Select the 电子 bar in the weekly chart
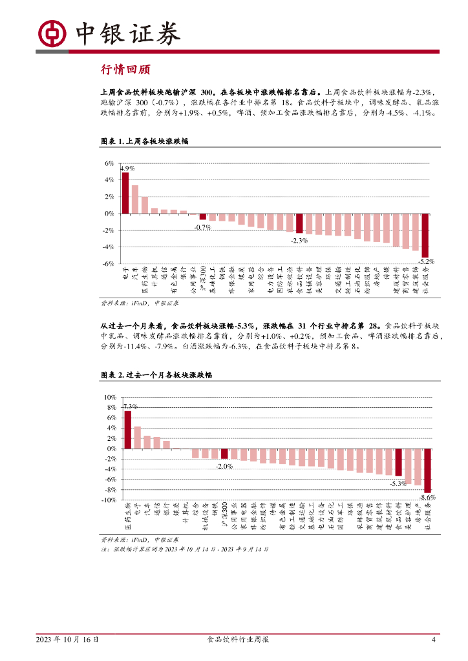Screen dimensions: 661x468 pyautogui.click(x=125, y=192)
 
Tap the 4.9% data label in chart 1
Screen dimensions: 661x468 pyautogui.click(x=128, y=168)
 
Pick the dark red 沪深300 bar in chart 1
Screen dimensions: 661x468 pyautogui.click(x=202, y=216)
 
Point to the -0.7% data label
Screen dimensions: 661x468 pyautogui.click(x=203, y=227)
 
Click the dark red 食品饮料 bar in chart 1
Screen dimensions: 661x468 pyautogui.click(x=299, y=223)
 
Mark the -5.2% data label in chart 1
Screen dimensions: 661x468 pyautogui.click(x=425, y=261)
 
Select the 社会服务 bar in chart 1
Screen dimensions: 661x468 pyautogui.click(x=425, y=235)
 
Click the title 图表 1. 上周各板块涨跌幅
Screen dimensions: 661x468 pyautogui.click(x=145, y=141)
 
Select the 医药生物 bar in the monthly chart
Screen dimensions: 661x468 pyautogui.click(x=128, y=429)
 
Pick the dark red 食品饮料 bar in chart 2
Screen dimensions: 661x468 pyautogui.click(x=399, y=462)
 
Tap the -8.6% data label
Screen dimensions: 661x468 pyautogui.click(x=427, y=498)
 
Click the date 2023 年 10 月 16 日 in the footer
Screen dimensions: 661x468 pyautogui.click(x=68, y=640)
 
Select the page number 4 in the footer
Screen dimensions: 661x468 pyautogui.click(x=434, y=640)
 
